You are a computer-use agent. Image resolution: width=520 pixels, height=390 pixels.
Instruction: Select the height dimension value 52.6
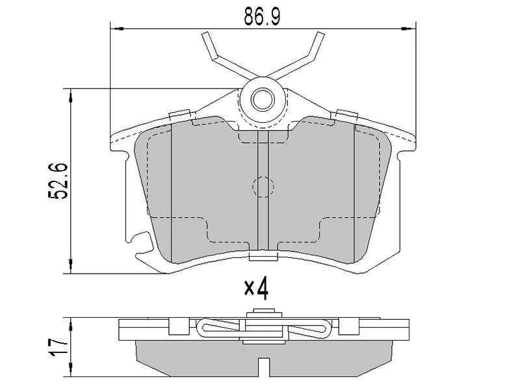pyautogui.click(x=58, y=181)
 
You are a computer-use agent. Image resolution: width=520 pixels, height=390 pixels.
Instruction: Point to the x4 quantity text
pyautogui.click(x=256, y=288)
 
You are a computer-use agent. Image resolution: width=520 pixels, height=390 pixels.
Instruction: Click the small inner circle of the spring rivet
pyautogui.click(x=263, y=99)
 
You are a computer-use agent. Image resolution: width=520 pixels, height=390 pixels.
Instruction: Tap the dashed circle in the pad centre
pyautogui.click(x=263, y=187)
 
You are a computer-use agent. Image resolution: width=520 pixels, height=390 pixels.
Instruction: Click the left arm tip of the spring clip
pyautogui.click(x=205, y=34)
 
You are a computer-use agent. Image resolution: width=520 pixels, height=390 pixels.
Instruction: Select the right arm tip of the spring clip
pyautogui.click(x=320, y=34)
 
